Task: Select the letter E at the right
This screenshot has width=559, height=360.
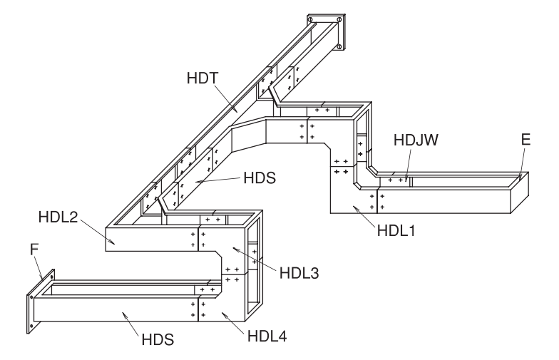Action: pos(525,140)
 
